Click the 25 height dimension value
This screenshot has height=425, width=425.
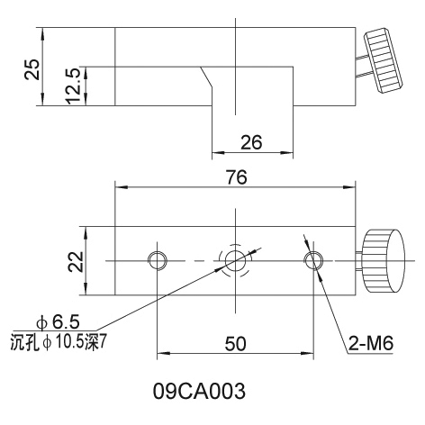click(32, 69)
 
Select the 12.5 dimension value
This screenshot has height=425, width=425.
click(73, 86)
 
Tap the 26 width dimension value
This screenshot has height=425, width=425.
click(251, 142)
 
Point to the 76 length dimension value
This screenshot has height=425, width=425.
click(237, 177)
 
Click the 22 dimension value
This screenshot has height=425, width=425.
click(76, 262)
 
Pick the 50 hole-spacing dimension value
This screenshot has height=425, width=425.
click(236, 344)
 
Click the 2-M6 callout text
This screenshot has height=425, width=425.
click(371, 343)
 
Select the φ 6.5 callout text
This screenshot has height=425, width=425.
click(58, 322)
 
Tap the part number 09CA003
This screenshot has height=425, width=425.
click(199, 391)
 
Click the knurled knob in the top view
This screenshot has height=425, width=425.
click(384, 61)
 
